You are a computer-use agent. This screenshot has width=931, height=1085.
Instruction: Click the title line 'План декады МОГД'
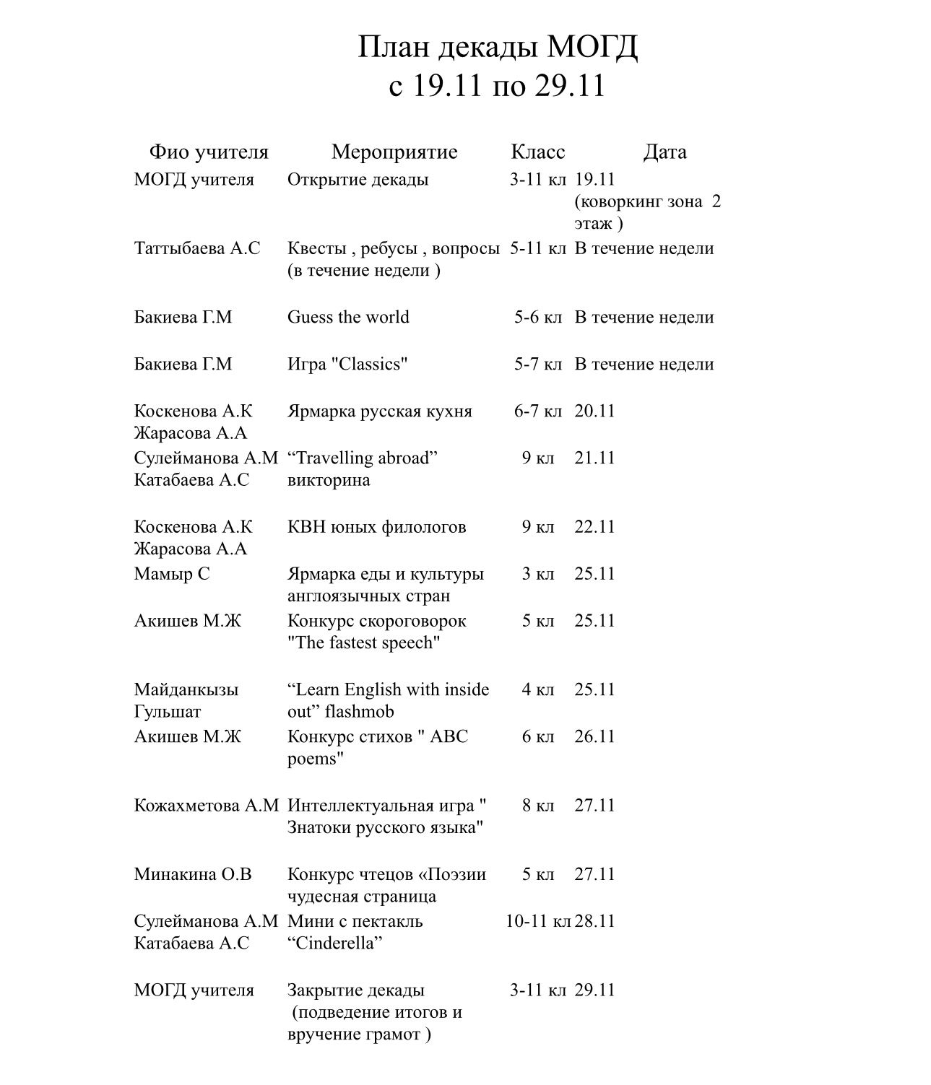(x=498, y=48)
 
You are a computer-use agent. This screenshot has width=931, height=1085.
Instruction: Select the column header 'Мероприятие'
(x=394, y=152)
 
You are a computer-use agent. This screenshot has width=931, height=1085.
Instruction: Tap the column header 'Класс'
(x=537, y=152)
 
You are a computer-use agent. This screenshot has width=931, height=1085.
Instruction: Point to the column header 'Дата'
(x=664, y=152)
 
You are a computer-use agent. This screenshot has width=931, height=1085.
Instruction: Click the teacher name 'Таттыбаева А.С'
(x=196, y=248)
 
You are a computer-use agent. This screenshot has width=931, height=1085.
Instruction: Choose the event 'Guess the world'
(x=348, y=317)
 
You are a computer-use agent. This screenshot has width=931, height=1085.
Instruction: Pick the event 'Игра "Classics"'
(x=347, y=364)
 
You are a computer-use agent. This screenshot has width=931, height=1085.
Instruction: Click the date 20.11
(x=594, y=411)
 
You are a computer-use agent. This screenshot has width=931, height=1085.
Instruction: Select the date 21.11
(x=594, y=458)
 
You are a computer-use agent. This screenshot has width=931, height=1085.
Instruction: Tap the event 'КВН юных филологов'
(x=376, y=527)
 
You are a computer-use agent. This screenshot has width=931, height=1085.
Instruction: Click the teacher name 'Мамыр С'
(x=172, y=574)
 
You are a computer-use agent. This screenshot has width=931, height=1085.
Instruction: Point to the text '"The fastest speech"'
(x=363, y=642)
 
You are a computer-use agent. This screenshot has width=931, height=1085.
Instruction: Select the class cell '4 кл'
(x=538, y=689)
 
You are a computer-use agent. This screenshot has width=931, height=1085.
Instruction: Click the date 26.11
(x=594, y=736)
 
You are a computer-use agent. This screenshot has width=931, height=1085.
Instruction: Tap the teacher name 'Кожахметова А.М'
(x=206, y=806)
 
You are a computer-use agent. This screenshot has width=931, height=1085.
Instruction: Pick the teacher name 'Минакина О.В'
(x=193, y=874)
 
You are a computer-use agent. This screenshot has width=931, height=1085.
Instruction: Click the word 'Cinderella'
(x=334, y=943)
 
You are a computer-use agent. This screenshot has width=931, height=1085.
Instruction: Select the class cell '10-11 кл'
(x=538, y=921)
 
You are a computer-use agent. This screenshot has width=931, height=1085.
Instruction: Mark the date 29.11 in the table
(x=594, y=990)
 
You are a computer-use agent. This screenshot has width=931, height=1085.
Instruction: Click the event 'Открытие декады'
(x=358, y=179)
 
